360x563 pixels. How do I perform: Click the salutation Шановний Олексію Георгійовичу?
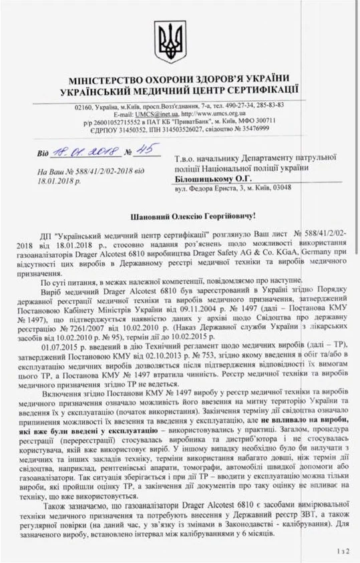[179, 216]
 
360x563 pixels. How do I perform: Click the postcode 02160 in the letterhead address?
[87, 106]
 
